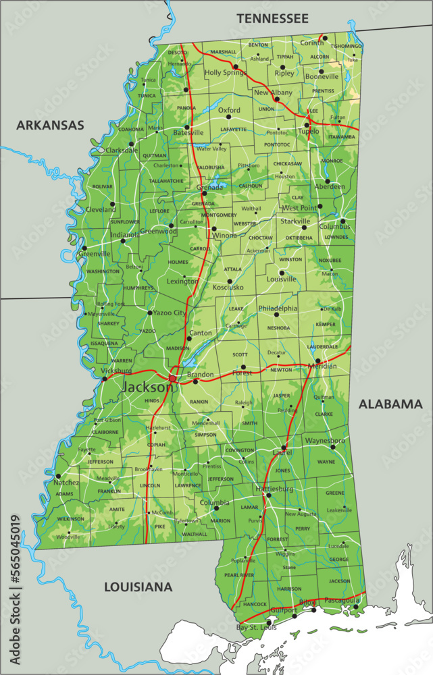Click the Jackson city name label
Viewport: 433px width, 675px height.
(x=147, y=387)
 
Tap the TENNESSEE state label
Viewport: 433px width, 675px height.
(x=272, y=18)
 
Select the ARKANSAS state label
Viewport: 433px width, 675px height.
(x=50, y=125)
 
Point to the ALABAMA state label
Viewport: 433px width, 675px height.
(x=390, y=404)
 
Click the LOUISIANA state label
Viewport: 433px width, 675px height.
(x=138, y=587)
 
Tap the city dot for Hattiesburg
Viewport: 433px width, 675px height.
(x=268, y=495)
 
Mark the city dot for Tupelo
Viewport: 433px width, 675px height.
(x=307, y=124)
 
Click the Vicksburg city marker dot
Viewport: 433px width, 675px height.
(x=104, y=379)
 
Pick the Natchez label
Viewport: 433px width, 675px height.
(x=68, y=483)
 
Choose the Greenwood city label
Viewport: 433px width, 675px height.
(x=158, y=231)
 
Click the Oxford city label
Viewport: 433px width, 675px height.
(x=229, y=110)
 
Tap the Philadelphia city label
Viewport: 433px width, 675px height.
(x=278, y=308)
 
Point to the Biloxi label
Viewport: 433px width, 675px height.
(x=307, y=601)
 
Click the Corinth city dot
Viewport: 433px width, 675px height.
(x=325, y=38)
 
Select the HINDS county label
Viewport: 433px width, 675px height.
(x=152, y=400)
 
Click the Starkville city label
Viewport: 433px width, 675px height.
(x=295, y=221)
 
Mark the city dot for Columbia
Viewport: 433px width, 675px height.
(x=216, y=508)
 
